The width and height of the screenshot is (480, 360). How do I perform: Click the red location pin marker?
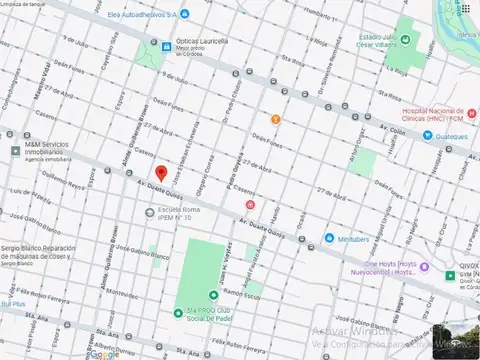pos(161,173)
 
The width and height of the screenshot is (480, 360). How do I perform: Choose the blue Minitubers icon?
pos(328,238)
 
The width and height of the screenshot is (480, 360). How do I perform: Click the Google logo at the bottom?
pos(103,353)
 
